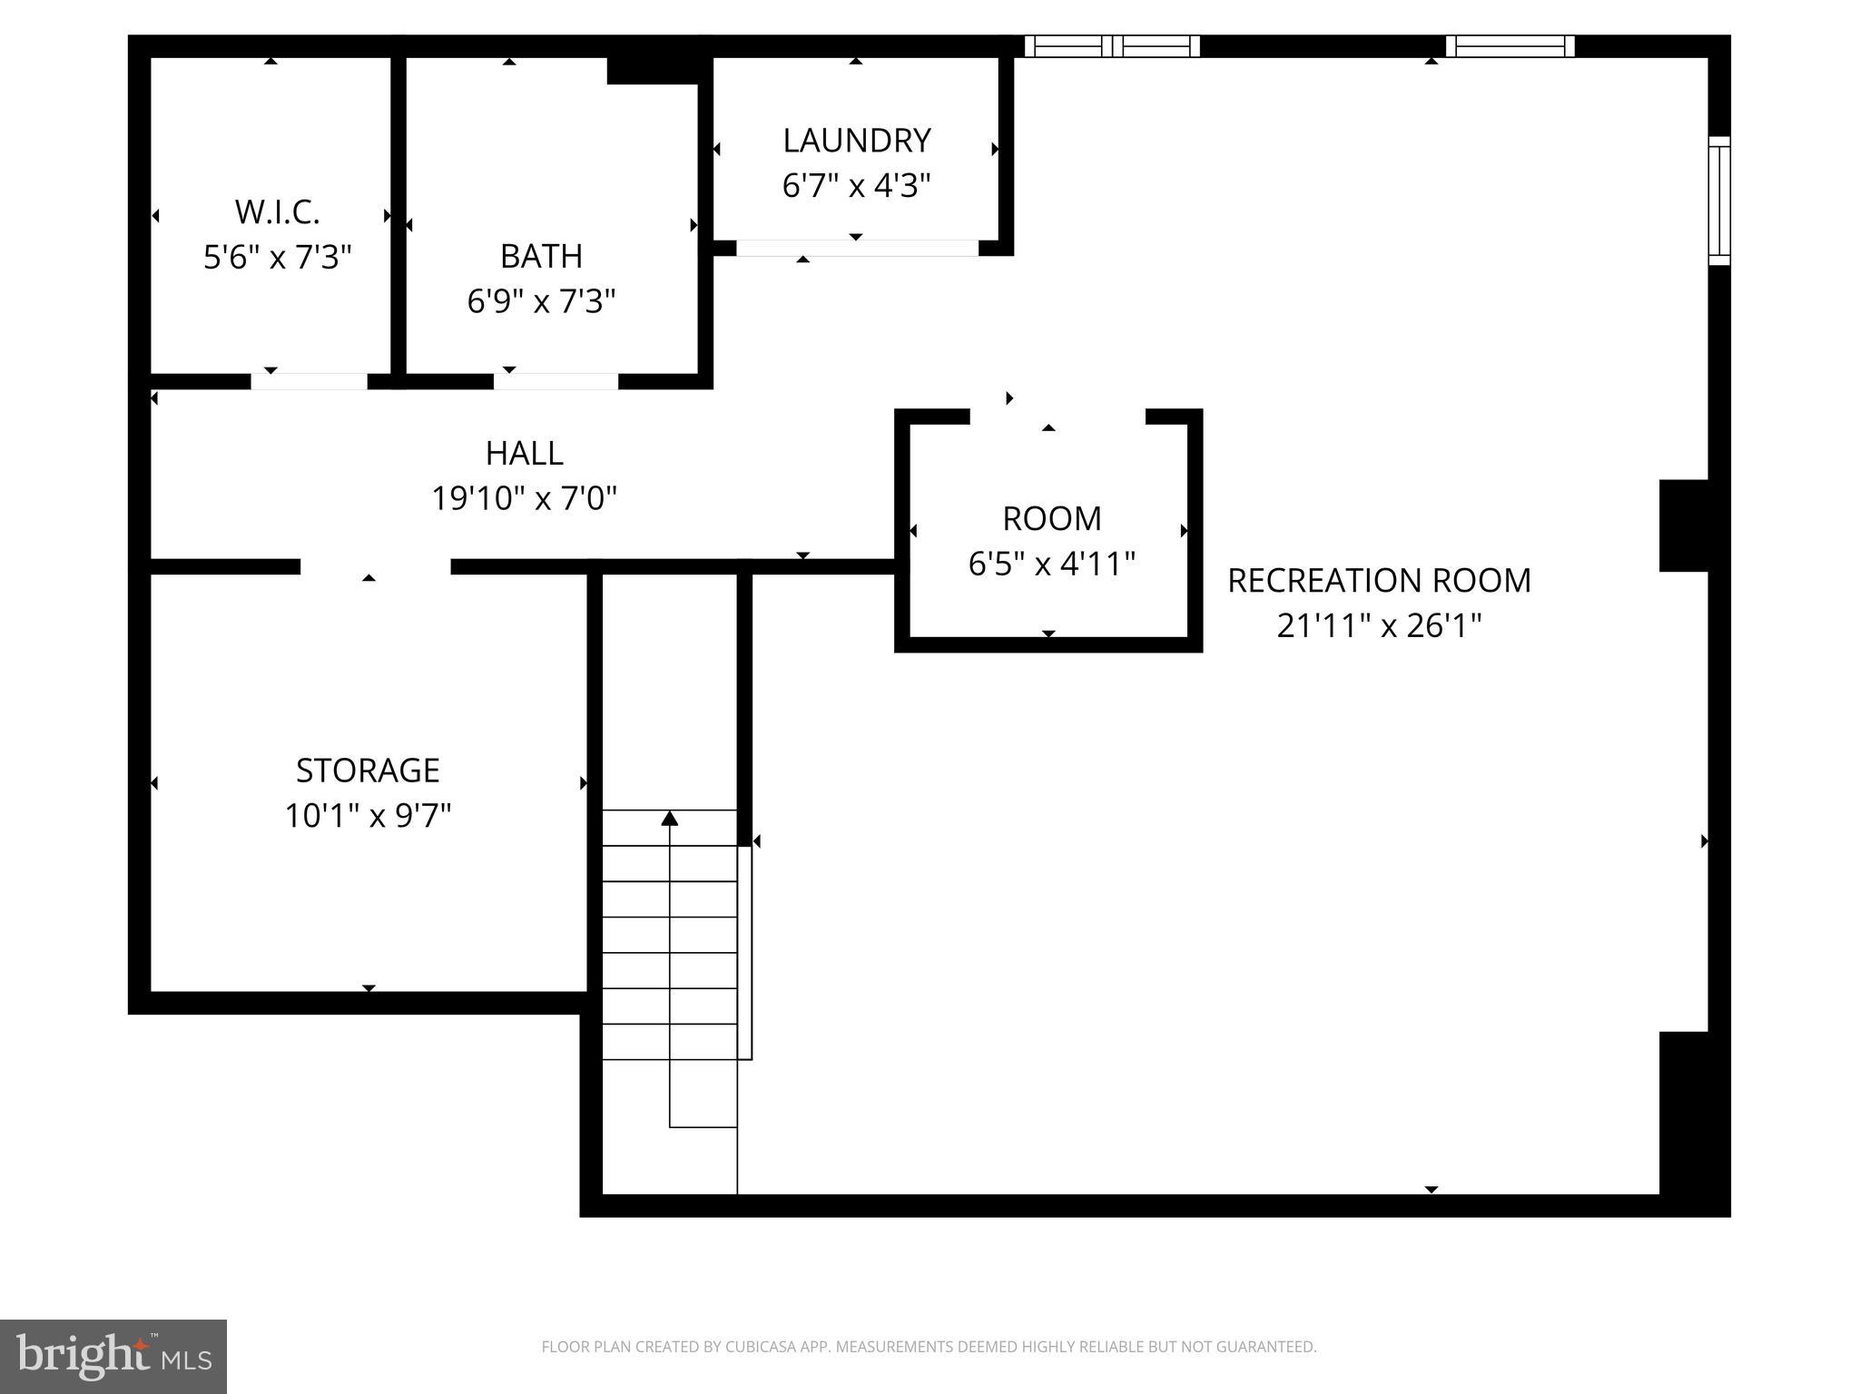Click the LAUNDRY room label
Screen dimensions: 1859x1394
pyautogui.click(x=857, y=141)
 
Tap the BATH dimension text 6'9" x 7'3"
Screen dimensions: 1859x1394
pyautogui.click(x=541, y=300)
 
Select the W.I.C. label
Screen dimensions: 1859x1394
pyautogui.click(x=277, y=212)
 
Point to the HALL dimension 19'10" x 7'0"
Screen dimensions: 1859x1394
pyautogui.click(x=524, y=498)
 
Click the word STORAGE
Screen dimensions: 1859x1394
pyautogui.click(x=368, y=771)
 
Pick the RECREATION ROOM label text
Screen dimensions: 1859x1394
pyautogui.click(x=1379, y=581)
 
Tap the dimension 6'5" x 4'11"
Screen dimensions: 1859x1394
pyautogui.click(x=1051, y=564)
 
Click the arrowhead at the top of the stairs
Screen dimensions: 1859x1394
pyautogui.click(x=670, y=819)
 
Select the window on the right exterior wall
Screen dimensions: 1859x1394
pyautogui.click(x=1719, y=201)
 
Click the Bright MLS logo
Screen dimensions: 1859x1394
pyautogui.click(x=113, y=1357)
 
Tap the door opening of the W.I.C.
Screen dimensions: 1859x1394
pyautogui.click(x=309, y=381)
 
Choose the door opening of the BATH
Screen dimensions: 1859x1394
pyautogui.click(x=556, y=381)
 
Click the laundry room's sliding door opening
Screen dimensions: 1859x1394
pyautogui.click(x=857, y=248)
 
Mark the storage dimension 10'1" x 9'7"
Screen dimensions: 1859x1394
pyautogui.click(x=368, y=816)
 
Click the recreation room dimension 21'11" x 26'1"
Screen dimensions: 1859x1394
pyautogui.click(x=1379, y=626)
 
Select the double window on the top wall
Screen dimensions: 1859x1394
pyautogui.click(x=1112, y=46)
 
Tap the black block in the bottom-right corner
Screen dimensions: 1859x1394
pyautogui.click(x=1695, y=1124)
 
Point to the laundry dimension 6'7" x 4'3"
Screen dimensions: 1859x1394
pyautogui.click(x=857, y=186)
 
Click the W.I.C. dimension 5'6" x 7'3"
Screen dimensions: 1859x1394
pyautogui.click(x=277, y=258)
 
